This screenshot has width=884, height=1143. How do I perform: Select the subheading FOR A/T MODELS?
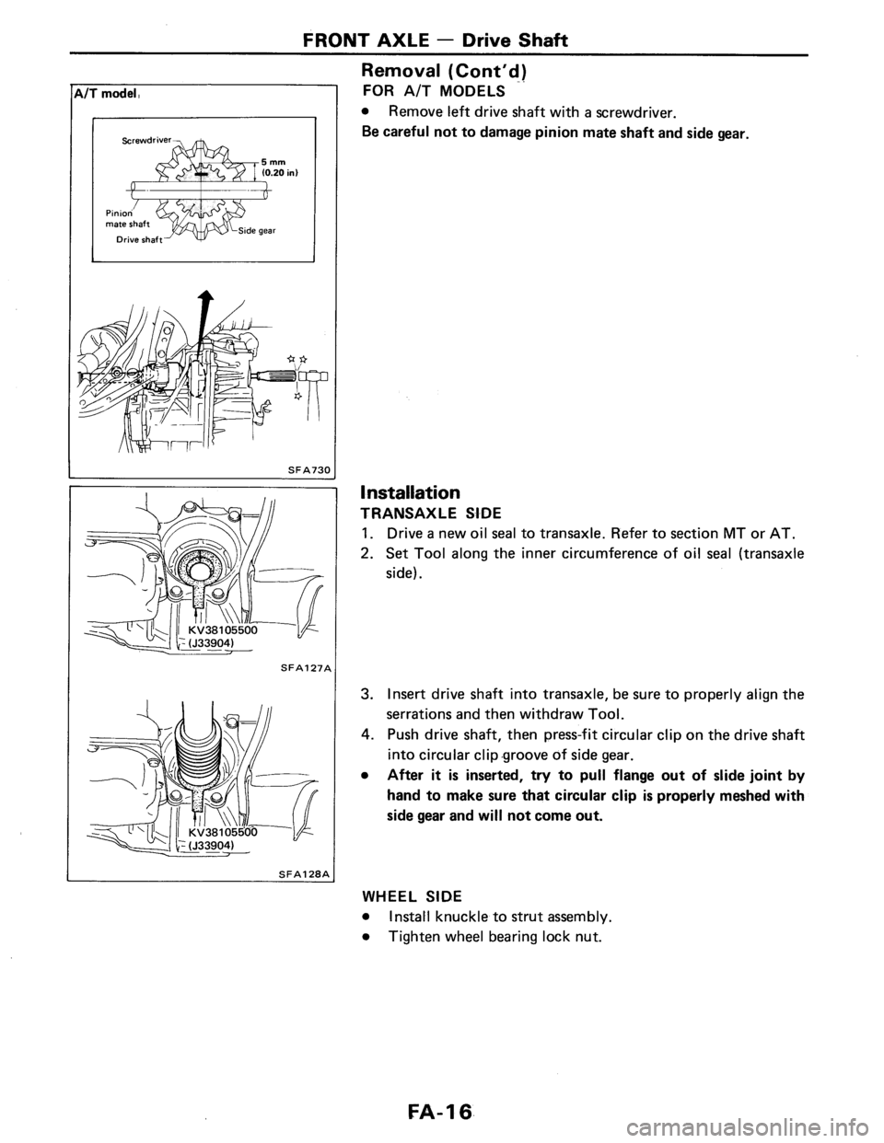click(420, 91)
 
